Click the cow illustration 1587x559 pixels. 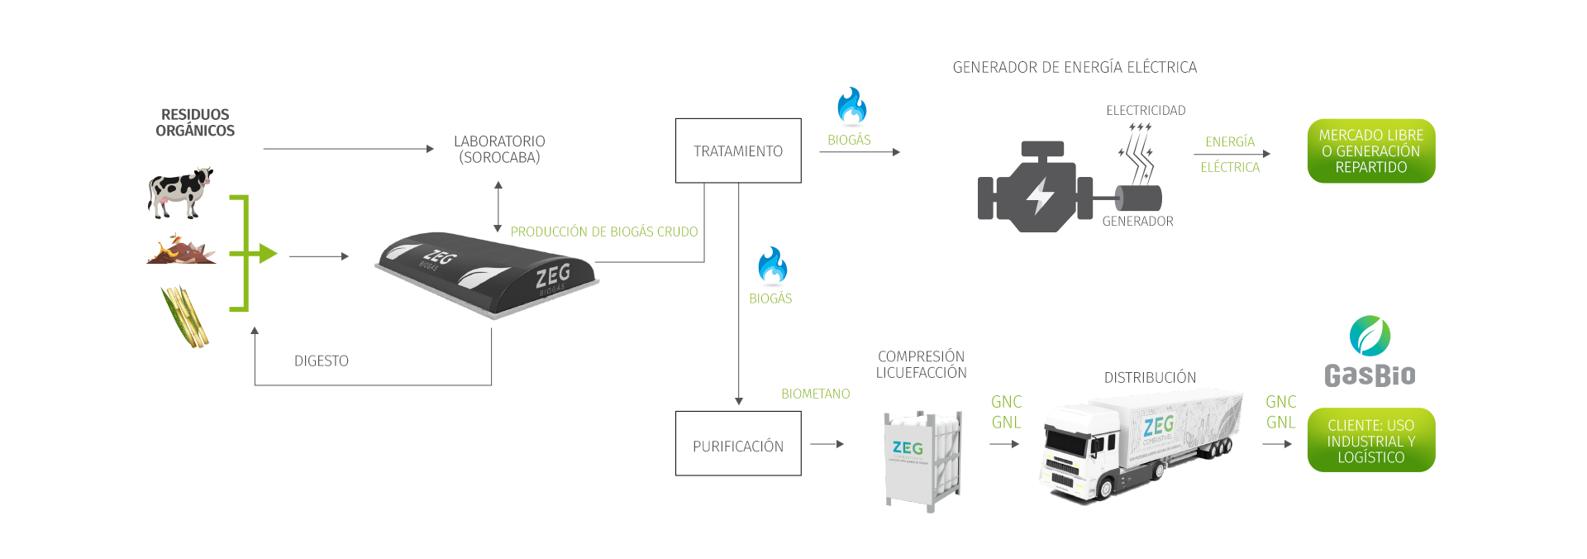[x=180, y=193]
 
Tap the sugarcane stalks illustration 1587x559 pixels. [x=185, y=317]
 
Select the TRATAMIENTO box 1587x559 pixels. [x=738, y=150]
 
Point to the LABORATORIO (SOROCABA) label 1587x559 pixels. [x=499, y=150]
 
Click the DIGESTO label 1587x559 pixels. [x=322, y=361]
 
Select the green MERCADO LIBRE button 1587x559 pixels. [x=1370, y=150]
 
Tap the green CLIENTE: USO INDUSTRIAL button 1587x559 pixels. [x=1370, y=441]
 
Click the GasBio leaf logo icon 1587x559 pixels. [x=1370, y=336]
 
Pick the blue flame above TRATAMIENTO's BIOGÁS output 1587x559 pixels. [x=851, y=106]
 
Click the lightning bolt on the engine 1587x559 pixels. [x=1038, y=197]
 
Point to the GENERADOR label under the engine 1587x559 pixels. [x=1137, y=221]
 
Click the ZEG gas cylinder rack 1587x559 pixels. [x=922, y=459]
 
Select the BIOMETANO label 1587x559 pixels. [x=815, y=394]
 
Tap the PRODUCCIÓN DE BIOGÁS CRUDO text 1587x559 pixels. [x=603, y=232]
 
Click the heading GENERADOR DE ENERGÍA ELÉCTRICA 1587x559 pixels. [x=1075, y=67]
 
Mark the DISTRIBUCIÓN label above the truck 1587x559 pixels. [x=1150, y=378]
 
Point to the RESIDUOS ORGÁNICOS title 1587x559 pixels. [x=195, y=122]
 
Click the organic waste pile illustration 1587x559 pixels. [x=182, y=251]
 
